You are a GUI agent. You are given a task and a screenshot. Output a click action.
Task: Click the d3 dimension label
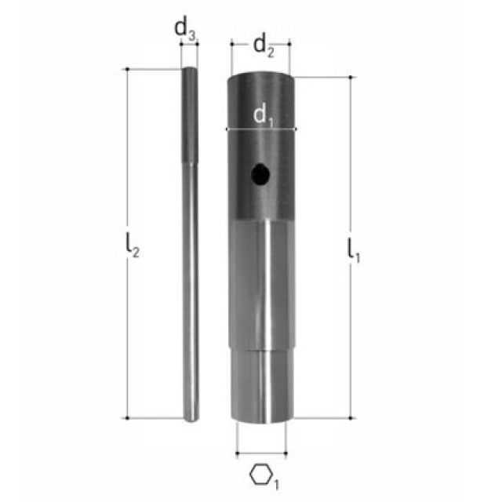184,29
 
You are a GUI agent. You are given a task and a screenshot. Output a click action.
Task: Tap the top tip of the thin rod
190,71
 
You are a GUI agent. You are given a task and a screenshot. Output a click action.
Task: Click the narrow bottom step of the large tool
261,384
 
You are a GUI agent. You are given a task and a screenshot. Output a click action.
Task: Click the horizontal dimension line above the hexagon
261,452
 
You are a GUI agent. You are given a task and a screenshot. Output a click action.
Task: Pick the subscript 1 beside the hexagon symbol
275,482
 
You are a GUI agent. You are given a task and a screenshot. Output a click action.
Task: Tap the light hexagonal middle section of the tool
261,282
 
